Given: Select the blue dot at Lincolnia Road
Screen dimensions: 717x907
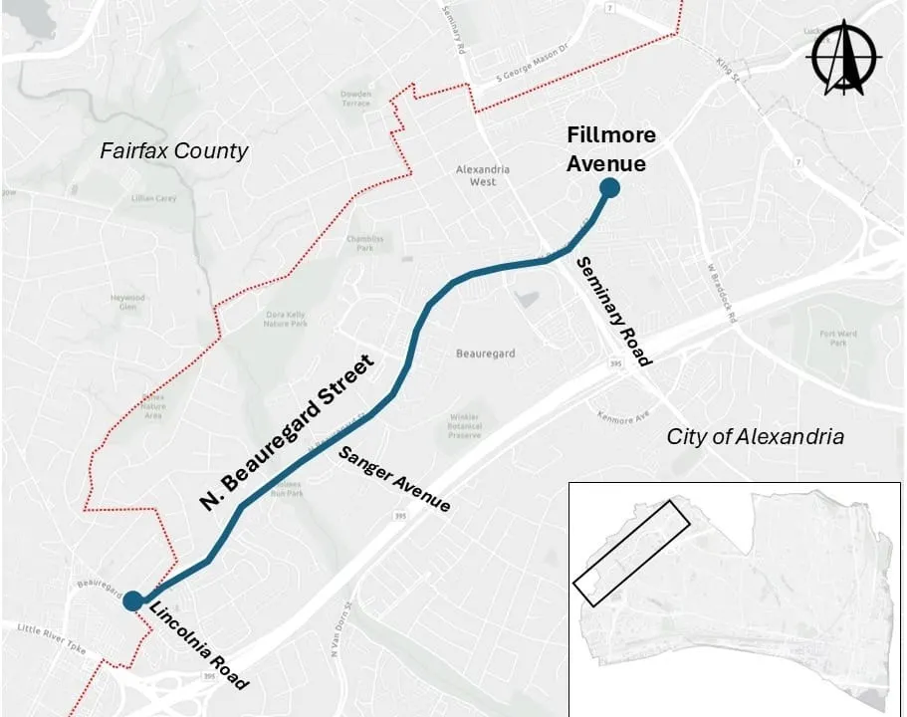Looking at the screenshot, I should point(131,600).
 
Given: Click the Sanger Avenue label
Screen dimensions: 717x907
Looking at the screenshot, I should point(394,480).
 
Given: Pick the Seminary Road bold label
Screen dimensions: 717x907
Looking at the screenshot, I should point(613,310).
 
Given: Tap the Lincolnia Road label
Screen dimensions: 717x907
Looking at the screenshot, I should point(199,646).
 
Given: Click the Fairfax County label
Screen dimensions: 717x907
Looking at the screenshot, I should point(173,151).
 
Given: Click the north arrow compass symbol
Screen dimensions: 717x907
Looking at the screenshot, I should point(844,57).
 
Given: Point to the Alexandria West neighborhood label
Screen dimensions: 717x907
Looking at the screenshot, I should point(483,175).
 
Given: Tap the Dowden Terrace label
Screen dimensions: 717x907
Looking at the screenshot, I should point(355,100).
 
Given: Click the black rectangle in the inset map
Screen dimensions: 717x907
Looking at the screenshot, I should point(632,553).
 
